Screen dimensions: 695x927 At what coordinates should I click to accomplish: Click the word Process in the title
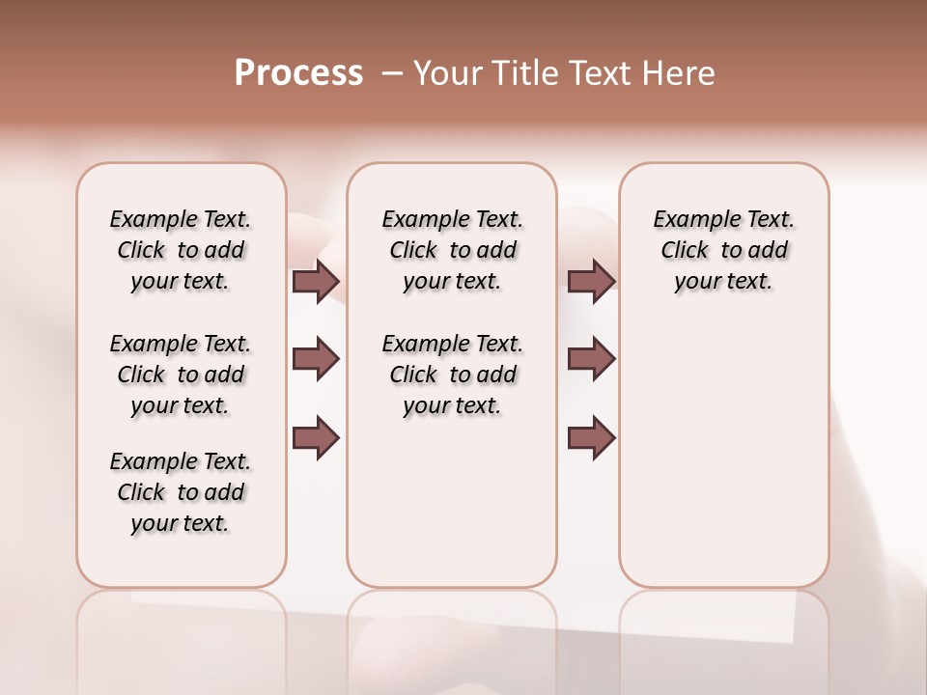(x=298, y=73)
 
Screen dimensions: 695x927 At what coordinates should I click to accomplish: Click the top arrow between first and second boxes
(x=316, y=281)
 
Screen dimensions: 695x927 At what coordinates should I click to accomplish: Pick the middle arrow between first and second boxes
(x=316, y=359)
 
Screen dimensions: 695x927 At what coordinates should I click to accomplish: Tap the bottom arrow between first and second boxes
(x=316, y=437)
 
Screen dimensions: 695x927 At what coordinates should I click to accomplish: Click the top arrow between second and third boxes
(x=592, y=281)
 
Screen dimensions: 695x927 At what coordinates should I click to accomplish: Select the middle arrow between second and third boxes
(x=592, y=359)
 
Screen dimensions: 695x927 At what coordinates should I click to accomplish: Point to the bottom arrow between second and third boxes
(x=592, y=437)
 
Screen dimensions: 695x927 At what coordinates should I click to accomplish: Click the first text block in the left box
(x=181, y=250)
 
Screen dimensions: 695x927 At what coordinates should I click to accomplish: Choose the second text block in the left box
(x=181, y=375)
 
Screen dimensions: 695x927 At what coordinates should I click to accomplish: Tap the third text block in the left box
(x=181, y=492)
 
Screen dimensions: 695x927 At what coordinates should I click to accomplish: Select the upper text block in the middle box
(x=452, y=250)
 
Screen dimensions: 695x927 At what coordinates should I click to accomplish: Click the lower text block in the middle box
(x=452, y=375)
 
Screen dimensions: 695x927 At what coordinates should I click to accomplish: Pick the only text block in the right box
(x=723, y=250)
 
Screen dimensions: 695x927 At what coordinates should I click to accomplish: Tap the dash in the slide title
(x=392, y=73)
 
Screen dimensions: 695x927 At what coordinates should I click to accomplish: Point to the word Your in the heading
(x=447, y=73)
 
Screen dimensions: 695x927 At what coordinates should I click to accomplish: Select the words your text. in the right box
(x=723, y=282)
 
